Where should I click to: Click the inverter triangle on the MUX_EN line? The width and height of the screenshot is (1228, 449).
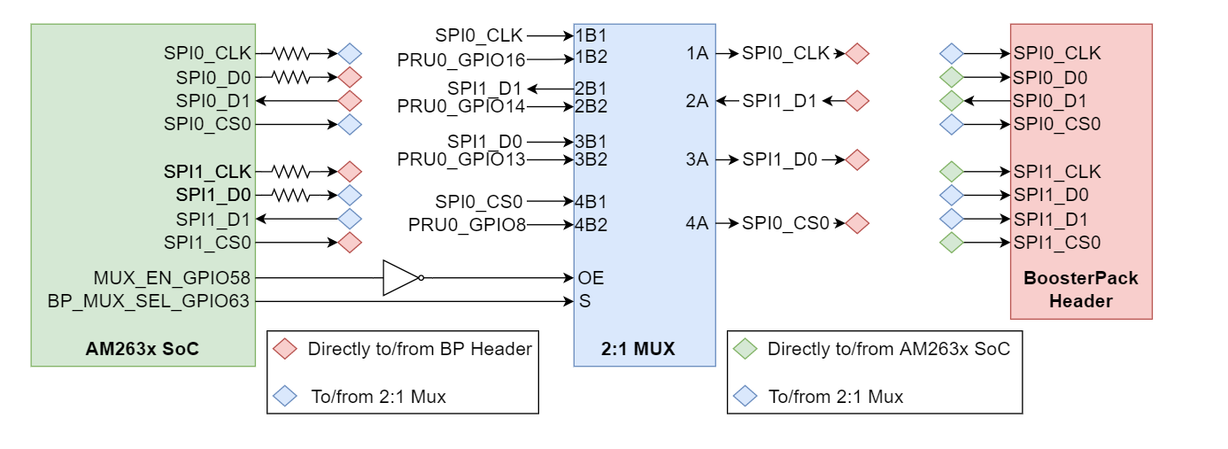point(399,277)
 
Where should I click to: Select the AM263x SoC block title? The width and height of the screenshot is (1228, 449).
point(142,349)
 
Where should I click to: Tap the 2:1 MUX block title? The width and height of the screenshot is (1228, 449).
point(643,349)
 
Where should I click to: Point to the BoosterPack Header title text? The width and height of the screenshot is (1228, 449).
point(1080,290)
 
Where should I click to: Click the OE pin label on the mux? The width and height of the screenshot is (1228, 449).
point(591,277)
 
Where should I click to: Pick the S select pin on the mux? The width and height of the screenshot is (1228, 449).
point(584,301)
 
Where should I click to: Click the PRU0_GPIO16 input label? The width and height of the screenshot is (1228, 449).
point(461,59)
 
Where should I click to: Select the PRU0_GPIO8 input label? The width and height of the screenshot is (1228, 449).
point(467,225)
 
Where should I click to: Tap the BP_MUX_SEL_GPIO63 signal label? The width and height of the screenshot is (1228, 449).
point(149,301)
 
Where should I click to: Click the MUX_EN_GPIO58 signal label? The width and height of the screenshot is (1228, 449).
point(172,277)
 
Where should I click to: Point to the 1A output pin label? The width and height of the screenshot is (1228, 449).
point(698,53)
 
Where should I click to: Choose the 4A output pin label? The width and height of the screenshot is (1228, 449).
point(698,223)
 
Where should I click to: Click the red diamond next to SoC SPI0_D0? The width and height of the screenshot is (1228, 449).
point(350,77)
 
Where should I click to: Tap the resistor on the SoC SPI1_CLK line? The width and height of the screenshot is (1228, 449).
point(290,171)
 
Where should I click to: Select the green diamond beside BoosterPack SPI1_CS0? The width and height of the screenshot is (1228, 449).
point(952,242)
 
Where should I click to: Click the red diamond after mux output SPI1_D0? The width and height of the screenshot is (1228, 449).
point(857,160)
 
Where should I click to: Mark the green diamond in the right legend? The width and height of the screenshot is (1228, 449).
point(745,349)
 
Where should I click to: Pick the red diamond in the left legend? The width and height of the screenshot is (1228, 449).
point(285,349)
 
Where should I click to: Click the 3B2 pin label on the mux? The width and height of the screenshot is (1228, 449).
point(591,159)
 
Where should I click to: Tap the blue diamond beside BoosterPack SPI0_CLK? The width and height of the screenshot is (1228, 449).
point(952,53)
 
